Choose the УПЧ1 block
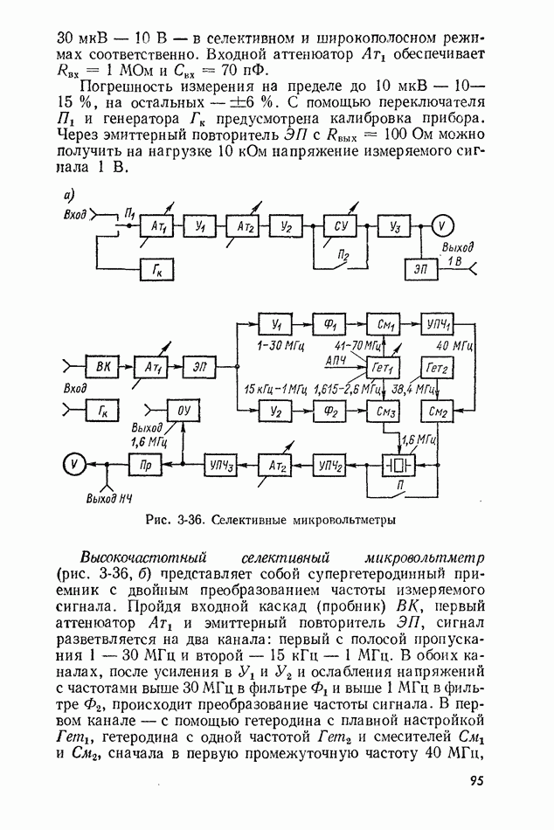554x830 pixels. (x=440, y=323)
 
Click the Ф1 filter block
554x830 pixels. (x=331, y=323)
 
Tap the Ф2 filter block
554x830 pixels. (x=331, y=408)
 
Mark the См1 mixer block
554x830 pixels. (x=385, y=323)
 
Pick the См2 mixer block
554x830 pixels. (x=440, y=408)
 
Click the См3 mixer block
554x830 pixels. (x=385, y=408)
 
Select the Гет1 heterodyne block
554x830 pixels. (x=385, y=367)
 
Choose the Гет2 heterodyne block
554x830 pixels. (x=440, y=367)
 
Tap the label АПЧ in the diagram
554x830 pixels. (x=336, y=360)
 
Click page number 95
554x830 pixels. (x=476, y=780)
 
